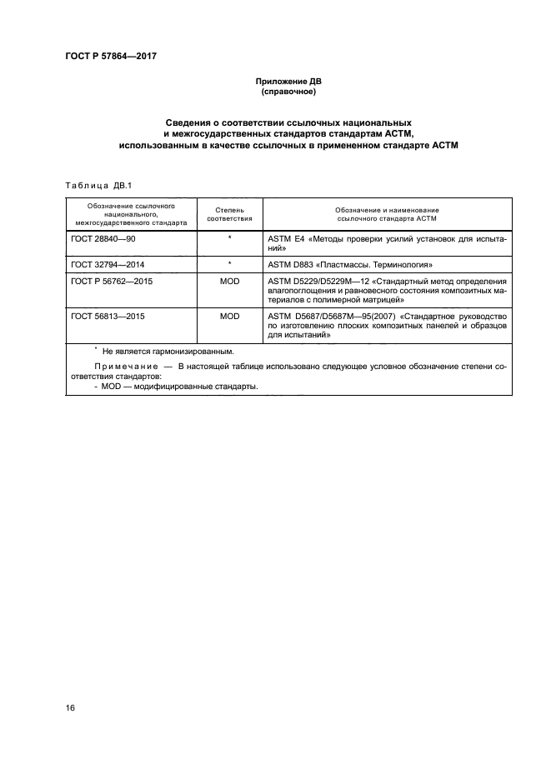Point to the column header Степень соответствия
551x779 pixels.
pyautogui.click(x=228, y=215)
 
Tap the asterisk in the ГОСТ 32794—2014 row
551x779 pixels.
pyautogui.click(x=228, y=263)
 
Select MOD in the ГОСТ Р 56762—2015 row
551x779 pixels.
pyautogui.click(x=228, y=282)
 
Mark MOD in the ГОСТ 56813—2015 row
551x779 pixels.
pyautogui.click(x=228, y=317)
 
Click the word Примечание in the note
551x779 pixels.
pyautogui.click(x=122, y=367)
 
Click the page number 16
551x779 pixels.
pyautogui.click(x=70, y=707)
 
